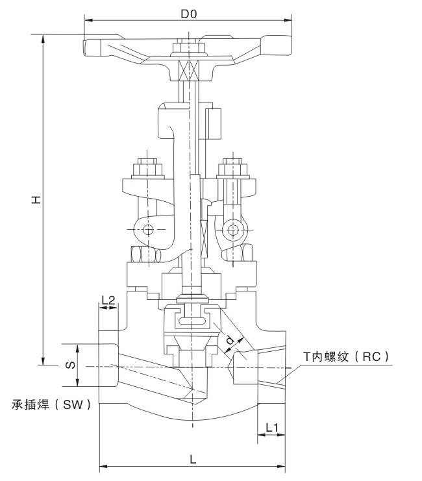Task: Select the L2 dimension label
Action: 108,300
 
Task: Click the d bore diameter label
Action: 229,339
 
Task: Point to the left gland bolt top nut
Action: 148,169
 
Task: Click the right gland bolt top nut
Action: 233,170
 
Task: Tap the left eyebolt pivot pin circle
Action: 148,230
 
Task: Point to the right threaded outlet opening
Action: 272,367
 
